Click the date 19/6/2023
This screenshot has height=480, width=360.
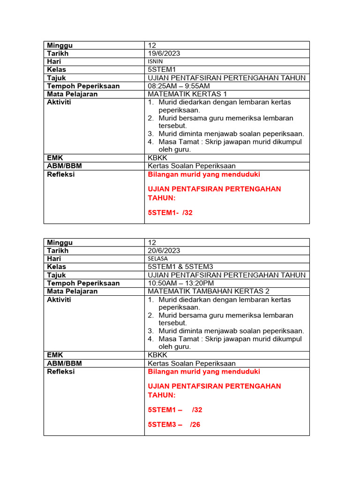164,53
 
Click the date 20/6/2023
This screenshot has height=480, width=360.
164,251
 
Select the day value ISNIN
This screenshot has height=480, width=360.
156,61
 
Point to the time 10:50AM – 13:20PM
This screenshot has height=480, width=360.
181,283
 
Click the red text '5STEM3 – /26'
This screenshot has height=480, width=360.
174,425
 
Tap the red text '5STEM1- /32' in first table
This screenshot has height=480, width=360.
170,212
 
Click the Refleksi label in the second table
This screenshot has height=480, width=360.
60,372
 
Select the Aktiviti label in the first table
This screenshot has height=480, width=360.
59,102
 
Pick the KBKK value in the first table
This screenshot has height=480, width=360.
157,158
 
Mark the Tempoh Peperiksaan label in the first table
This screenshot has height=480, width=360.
83,86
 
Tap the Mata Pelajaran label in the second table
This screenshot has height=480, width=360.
72,291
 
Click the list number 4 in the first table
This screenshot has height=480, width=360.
150,142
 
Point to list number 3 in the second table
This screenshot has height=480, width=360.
150,331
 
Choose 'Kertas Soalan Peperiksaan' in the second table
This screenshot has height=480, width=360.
192,363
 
